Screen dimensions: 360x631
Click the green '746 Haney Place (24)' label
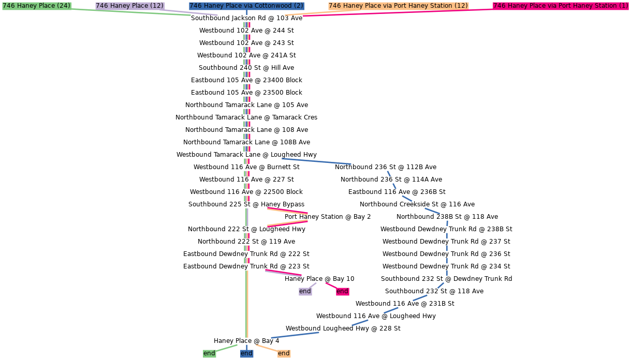coord(36,6)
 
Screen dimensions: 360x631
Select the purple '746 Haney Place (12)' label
coord(129,6)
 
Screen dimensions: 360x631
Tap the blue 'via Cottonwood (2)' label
coord(246,6)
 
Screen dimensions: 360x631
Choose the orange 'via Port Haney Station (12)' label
coord(398,6)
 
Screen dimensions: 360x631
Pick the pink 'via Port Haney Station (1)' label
coord(561,6)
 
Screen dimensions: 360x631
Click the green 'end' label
coord(209,353)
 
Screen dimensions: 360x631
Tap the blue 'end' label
coord(246,353)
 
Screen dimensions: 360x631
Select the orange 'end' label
coord(284,353)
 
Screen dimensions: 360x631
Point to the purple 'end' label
coord(305,291)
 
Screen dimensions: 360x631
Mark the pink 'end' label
coord(342,291)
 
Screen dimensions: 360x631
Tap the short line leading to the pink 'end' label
coord(331,285)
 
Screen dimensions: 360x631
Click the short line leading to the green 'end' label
coord(227,348)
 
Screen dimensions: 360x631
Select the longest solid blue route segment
coord(316,161)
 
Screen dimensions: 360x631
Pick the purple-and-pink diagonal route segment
coord(283,273)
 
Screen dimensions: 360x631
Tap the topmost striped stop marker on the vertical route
coord(247,25)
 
